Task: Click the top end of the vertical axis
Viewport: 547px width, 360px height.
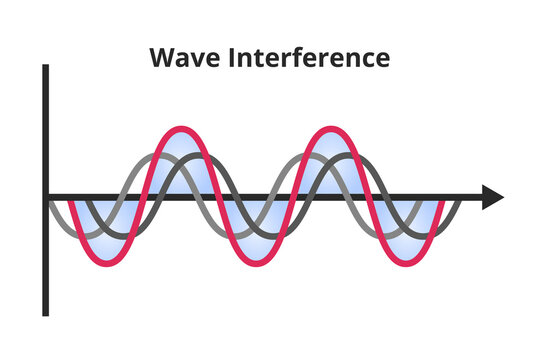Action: click(46, 68)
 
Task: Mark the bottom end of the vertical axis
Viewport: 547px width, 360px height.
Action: click(46, 313)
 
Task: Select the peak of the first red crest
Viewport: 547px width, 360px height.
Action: click(179, 128)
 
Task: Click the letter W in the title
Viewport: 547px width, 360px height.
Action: click(162, 58)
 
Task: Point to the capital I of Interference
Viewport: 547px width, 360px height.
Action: click(238, 58)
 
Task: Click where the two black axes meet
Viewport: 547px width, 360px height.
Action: click(46, 198)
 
